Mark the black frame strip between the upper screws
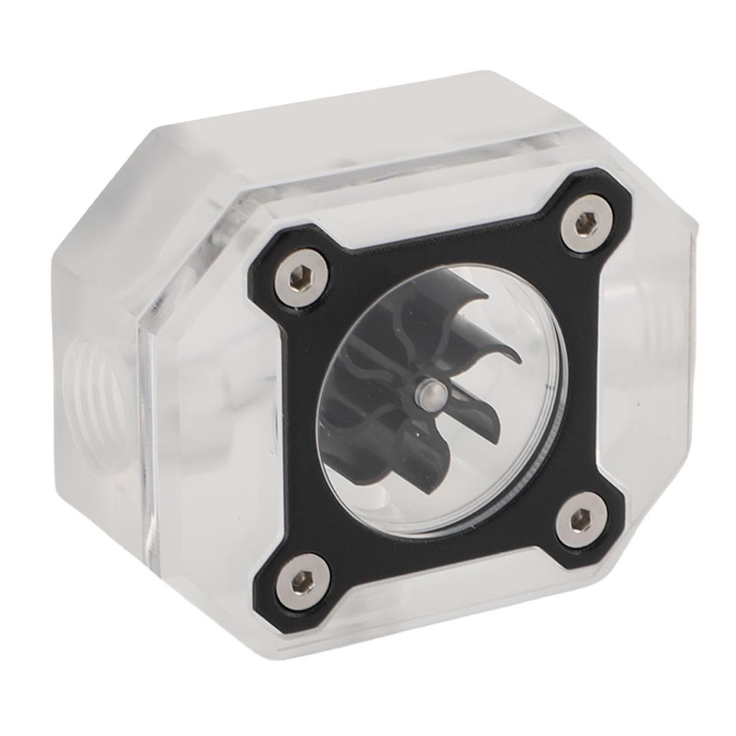[446, 230]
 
